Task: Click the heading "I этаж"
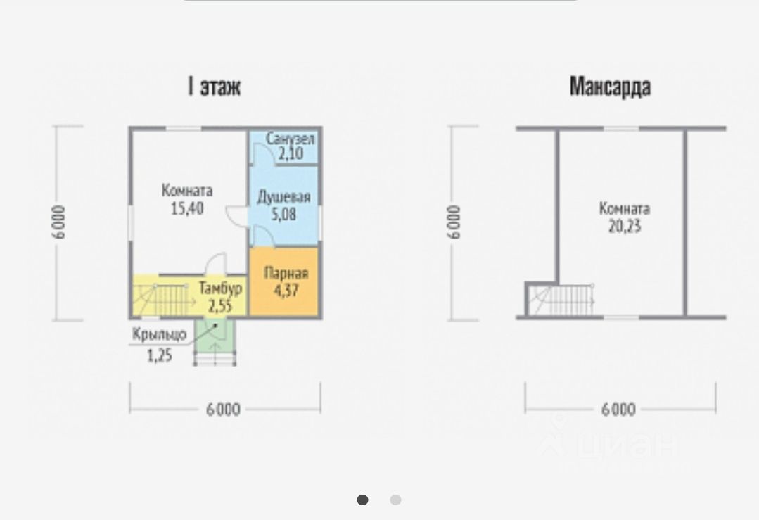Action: coord(214,87)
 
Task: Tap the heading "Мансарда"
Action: coord(609,87)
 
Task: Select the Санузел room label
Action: coord(290,139)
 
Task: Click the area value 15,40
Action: coord(186,208)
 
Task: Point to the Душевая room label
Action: coord(283,198)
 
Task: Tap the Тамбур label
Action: coord(220,288)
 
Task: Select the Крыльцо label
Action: coord(160,334)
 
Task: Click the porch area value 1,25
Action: coord(160,355)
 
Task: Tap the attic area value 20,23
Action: coord(624,227)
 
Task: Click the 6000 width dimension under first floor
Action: coord(224,410)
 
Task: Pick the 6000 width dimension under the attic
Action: coord(618,410)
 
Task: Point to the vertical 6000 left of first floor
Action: coord(58,222)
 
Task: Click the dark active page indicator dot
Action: coord(362,500)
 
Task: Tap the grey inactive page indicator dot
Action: coord(395,500)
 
